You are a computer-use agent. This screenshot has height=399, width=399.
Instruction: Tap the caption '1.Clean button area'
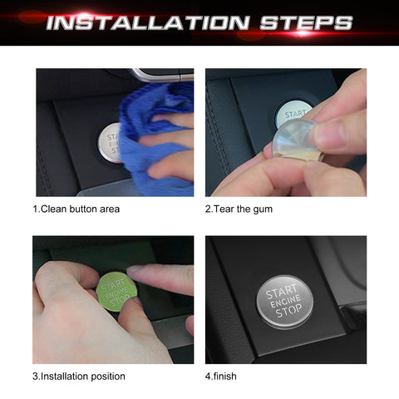tap(76, 209)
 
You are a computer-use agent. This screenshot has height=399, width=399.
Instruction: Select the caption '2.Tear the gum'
tap(239, 209)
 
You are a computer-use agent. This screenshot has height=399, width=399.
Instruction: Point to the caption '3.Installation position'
tap(79, 376)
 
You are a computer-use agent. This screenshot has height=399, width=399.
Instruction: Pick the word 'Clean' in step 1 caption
tap(56, 209)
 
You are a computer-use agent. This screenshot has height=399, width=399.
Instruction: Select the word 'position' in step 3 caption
tap(106, 376)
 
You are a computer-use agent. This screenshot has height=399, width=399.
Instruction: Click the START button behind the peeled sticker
tap(296, 111)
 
